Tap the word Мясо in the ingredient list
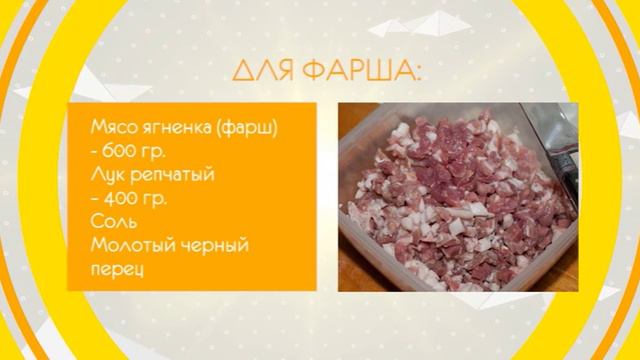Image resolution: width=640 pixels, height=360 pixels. click(x=111, y=129)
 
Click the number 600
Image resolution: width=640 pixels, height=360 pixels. click(x=120, y=152)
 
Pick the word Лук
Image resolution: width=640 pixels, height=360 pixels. click(x=105, y=175)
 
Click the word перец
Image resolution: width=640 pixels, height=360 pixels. click(x=113, y=267)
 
